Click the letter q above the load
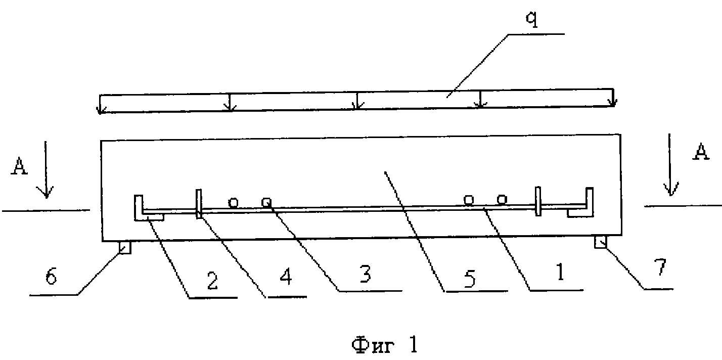pos(532,19)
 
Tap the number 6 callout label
pos(51,276)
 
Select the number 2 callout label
pos(212,281)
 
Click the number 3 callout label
pos(365,274)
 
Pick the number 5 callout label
pos(470,279)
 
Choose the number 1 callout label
pos(561,272)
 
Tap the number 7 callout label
pos(660,267)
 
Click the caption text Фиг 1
pos(385,344)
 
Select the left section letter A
pos(19,166)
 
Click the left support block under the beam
pos(125,248)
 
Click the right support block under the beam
pos(601,242)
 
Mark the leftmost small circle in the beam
pos(234,203)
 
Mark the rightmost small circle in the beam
pos(502,200)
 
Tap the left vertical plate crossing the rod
pos(199,204)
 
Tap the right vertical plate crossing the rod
pos(538,201)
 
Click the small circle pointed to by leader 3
pos(266,202)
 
